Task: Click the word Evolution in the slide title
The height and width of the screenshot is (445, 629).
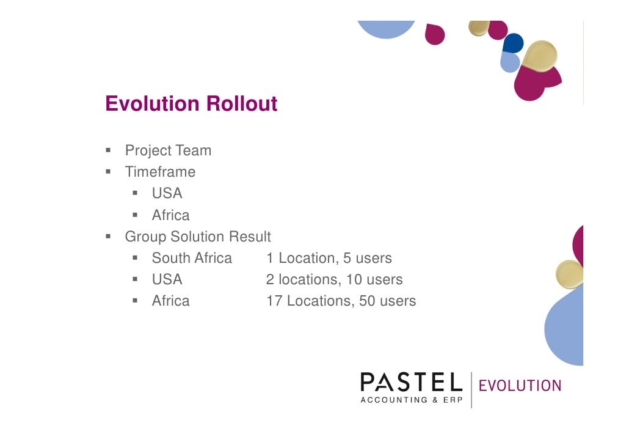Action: (x=153, y=104)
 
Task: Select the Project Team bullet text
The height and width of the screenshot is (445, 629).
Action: (x=168, y=150)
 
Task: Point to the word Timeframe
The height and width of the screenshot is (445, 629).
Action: (x=160, y=172)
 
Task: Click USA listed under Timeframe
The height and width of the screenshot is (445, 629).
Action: (x=167, y=193)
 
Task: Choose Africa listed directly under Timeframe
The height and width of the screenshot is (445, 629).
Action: (x=170, y=215)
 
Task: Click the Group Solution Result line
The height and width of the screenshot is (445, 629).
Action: (x=198, y=237)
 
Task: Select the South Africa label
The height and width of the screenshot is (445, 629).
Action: (x=192, y=258)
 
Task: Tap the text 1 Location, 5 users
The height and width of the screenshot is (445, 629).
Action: (x=329, y=258)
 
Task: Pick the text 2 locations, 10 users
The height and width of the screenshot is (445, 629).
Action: (x=334, y=279)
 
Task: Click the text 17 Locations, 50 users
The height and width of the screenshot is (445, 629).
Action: (x=341, y=301)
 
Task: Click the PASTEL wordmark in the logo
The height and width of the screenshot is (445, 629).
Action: (x=410, y=383)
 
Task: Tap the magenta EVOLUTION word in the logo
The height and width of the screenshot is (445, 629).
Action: (x=520, y=386)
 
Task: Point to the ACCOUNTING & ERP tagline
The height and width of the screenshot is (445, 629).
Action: (x=411, y=400)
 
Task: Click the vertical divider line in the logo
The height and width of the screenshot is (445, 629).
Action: (x=471, y=389)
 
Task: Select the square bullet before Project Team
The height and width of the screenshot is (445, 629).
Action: (x=107, y=150)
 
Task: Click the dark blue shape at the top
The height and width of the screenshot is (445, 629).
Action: (x=513, y=42)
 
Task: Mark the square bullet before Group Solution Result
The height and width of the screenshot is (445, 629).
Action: (x=107, y=237)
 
